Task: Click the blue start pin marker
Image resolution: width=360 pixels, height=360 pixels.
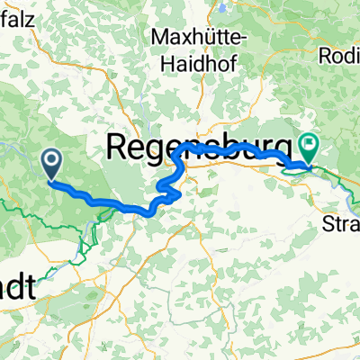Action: (x=51, y=164)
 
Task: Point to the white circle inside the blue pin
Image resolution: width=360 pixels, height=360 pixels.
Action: (x=51, y=160)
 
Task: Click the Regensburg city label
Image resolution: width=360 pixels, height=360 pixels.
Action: (x=200, y=144)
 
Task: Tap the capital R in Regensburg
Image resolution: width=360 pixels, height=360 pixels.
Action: (x=119, y=144)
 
